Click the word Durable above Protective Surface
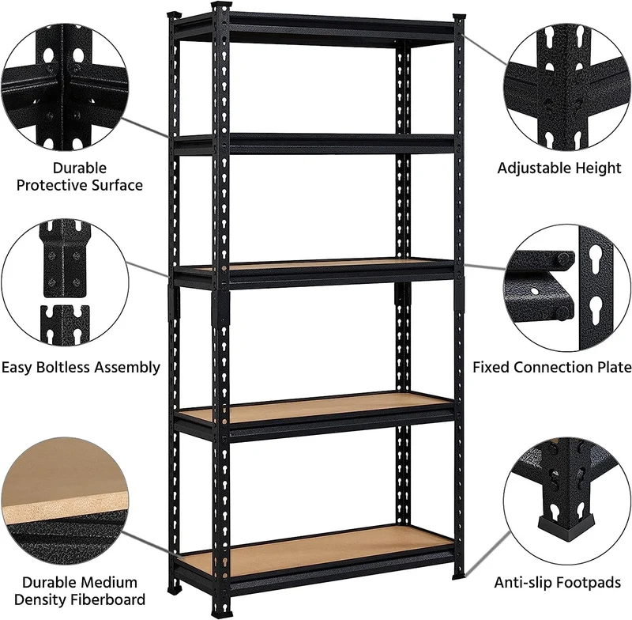(x=80, y=168)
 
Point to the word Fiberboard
(x=107, y=599)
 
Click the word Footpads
(x=588, y=583)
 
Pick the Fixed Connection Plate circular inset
(x=567, y=289)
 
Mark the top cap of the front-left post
(x=222, y=7)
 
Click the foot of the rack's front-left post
(x=222, y=611)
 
